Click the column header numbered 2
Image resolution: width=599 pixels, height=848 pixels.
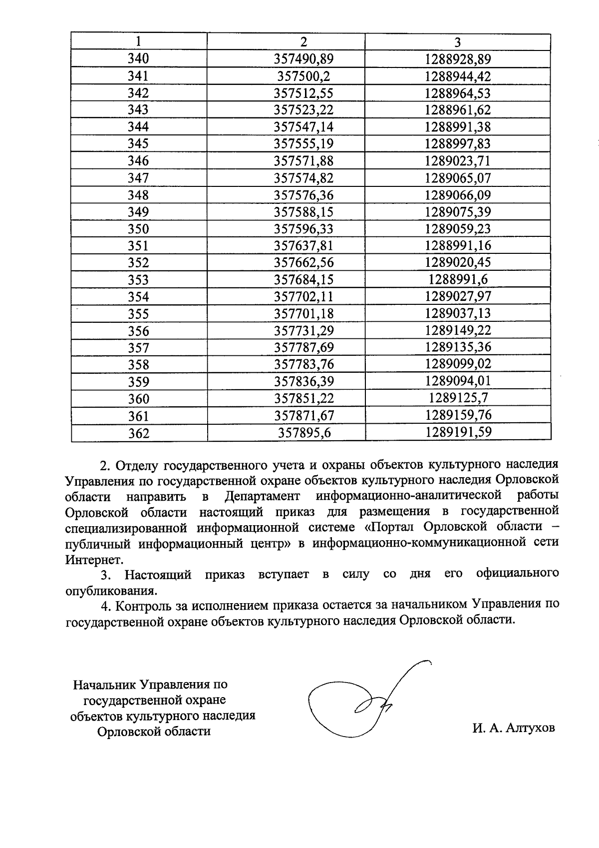point(303,42)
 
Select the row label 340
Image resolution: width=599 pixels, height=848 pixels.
point(138,59)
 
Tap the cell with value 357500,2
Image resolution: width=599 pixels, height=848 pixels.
point(303,76)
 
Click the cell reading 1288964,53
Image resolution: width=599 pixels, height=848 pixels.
point(458,93)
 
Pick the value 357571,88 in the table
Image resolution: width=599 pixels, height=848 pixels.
point(303,161)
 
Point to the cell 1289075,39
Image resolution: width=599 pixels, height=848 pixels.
point(458,212)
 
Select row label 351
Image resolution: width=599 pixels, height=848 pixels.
point(138,246)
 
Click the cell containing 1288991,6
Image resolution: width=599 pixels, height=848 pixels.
point(458,280)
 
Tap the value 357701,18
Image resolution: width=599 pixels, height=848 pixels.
point(303,314)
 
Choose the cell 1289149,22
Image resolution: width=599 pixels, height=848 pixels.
point(458,330)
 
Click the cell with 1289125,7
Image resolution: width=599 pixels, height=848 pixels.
point(458,398)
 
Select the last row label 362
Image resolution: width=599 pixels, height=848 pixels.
point(138,433)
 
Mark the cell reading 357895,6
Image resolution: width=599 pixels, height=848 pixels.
point(303,433)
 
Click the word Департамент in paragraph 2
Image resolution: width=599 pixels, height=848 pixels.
point(262,496)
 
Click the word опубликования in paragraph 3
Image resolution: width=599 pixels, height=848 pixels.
point(111,591)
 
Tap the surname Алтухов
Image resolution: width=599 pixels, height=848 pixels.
point(530,728)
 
